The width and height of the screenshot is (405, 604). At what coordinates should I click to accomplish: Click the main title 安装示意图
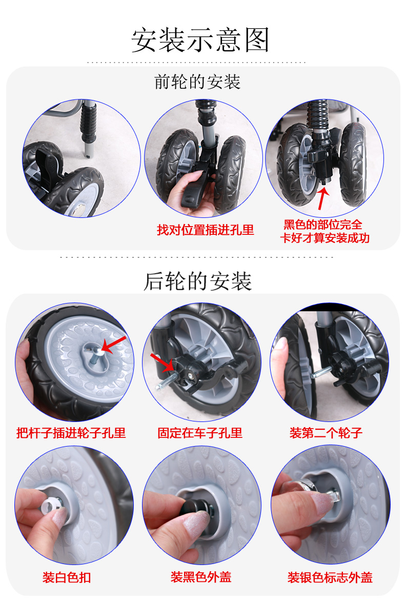(x=200, y=39)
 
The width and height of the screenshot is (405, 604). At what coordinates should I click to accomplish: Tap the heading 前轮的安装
(x=197, y=82)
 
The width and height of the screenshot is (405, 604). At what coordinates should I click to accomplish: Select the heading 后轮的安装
(x=197, y=281)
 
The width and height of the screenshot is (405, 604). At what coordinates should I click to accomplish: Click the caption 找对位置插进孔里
(x=205, y=230)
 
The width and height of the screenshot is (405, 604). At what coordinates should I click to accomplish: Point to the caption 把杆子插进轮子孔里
(x=71, y=433)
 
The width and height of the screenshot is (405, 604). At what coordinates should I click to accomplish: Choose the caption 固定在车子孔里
(x=200, y=433)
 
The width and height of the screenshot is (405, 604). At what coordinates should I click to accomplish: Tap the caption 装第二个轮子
(x=326, y=433)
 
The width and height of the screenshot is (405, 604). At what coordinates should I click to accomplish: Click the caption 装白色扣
(x=67, y=577)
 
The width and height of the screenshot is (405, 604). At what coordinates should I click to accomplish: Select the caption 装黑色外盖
(x=201, y=577)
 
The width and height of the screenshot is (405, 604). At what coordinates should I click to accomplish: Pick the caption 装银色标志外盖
(x=330, y=577)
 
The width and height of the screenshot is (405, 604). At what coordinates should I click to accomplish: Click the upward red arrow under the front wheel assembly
(x=322, y=197)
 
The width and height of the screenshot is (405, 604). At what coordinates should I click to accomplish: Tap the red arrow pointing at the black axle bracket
(x=162, y=363)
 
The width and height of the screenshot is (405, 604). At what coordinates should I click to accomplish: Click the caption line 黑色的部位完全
(x=323, y=225)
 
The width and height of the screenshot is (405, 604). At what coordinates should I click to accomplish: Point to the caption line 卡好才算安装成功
(x=325, y=238)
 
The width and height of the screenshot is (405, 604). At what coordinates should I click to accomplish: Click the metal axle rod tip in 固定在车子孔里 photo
(x=159, y=387)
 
